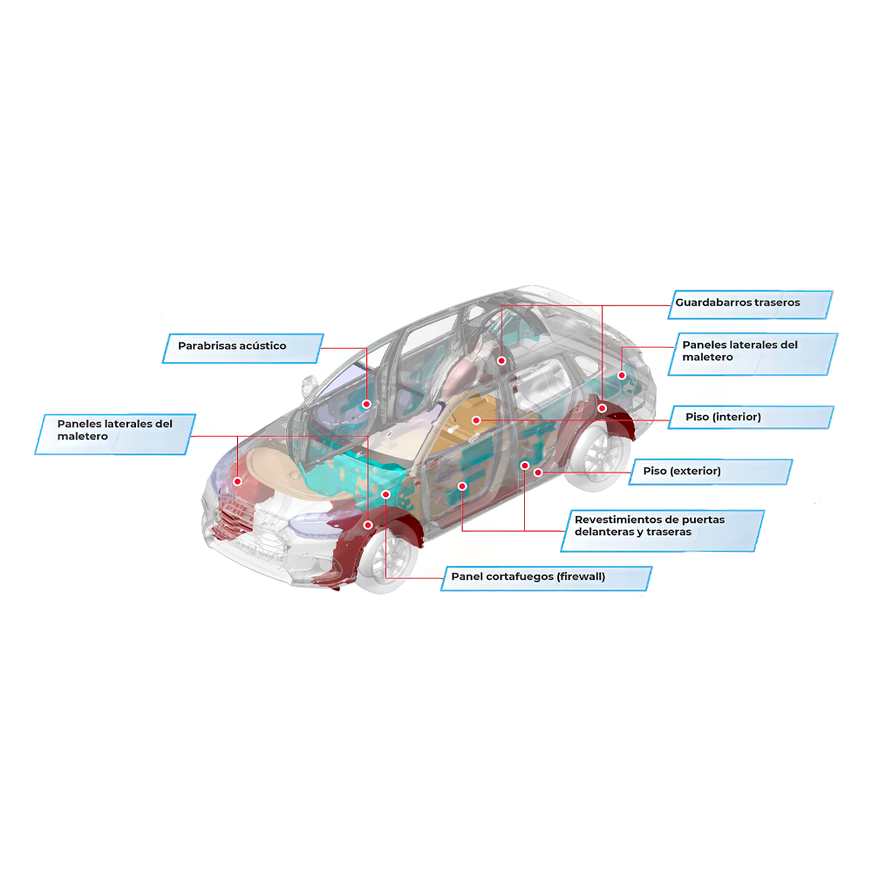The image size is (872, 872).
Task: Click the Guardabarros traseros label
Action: click(x=750, y=304)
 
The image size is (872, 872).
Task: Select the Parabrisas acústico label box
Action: click(x=242, y=348)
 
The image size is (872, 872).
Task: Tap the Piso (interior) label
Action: click(x=751, y=417)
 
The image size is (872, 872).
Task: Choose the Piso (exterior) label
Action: click(x=710, y=472)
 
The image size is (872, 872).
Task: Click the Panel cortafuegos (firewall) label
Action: click(x=546, y=578)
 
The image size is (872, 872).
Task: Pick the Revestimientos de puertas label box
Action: click(x=663, y=530)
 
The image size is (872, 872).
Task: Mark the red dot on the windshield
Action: click(x=366, y=405)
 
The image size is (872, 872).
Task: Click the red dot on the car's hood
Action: click(x=237, y=481)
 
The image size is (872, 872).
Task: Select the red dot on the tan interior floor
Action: click(x=476, y=420)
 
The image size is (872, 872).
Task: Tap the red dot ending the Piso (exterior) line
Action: click(x=538, y=473)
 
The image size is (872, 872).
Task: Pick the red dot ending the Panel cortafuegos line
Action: click(x=385, y=494)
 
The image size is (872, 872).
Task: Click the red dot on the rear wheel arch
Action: click(x=602, y=408)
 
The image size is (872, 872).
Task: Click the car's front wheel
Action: click(x=388, y=559)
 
